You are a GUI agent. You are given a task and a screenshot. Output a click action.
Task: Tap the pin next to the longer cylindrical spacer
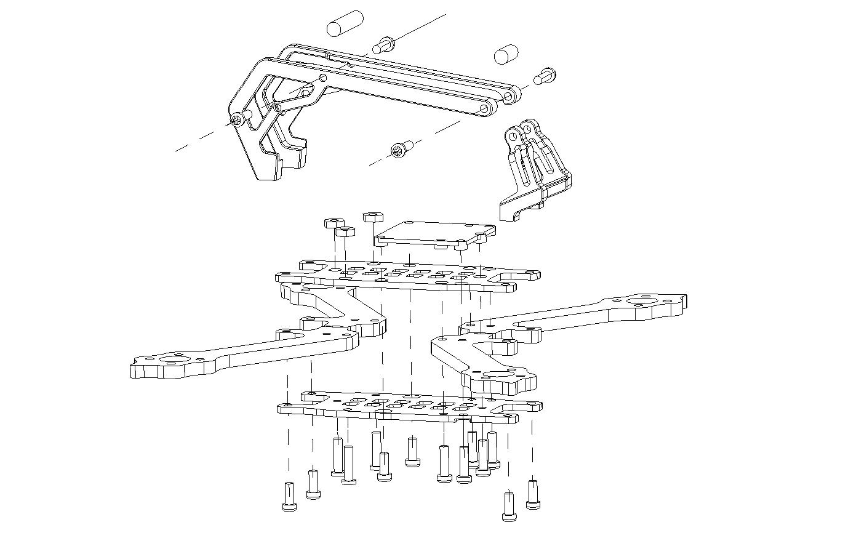(x=385, y=45)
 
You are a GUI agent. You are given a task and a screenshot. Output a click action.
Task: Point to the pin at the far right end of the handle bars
(x=545, y=77)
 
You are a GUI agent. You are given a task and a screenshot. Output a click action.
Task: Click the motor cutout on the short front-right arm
(x=497, y=375)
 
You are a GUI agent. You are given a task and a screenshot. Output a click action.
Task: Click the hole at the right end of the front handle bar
(x=485, y=109)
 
